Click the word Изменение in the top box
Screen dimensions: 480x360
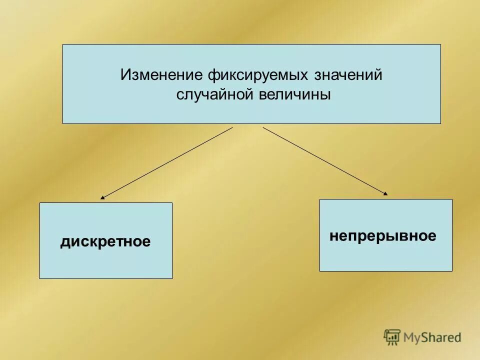pyautogui.click(x=161, y=75)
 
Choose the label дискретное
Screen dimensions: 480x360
pyautogui.click(x=105, y=242)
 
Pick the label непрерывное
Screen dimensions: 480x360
pyautogui.click(x=383, y=236)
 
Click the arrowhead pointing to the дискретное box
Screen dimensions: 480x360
pyautogui.click(x=102, y=198)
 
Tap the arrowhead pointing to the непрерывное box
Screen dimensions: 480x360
pyautogui.click(x=385, y=193)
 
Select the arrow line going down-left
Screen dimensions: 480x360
pyautogui.click(x=167, y=162)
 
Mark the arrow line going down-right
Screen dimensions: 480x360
pyautogui.click(x=325, y=160)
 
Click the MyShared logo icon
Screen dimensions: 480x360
pyautogui.click(x=392, y=337)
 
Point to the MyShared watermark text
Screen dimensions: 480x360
pyautogui.click(x=433, y=338)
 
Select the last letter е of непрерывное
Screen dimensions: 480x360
pyautogui.click(x=432, y=236)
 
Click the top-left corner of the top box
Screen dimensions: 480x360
pyautogui.click(x=63, y=44)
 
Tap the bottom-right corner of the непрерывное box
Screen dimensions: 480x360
pyautogui.click(x=452, y=271)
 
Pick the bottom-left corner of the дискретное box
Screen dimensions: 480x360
pyautogui.click(x=40, y=278)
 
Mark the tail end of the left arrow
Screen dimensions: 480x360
pyautogui.click(x=232, y=127)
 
